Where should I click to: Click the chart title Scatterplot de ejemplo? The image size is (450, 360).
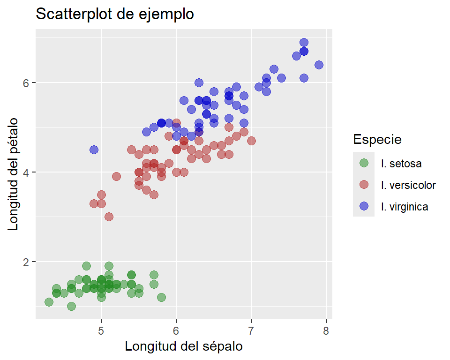point(115,15)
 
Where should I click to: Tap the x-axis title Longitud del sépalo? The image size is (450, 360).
point(184,346)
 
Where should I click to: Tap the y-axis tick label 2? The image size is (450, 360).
point(27,262)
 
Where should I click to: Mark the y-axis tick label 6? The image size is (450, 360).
point(27,82)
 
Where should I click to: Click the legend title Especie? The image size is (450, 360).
point(377,139)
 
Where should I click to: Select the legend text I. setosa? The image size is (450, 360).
point(401,164)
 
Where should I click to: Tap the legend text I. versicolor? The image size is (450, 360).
point(408,185)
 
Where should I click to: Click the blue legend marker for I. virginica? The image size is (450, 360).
point(364,206)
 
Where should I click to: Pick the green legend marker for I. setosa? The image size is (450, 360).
point(364,163)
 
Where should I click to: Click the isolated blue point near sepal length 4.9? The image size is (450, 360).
point(94,150)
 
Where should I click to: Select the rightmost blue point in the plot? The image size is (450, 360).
point(319,65)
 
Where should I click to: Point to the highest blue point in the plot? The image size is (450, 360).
point(304,43)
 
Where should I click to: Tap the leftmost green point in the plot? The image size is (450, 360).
point(49,302)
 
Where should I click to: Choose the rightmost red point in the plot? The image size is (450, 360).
point(251,141)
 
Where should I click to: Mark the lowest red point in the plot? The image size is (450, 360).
point(109,217)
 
